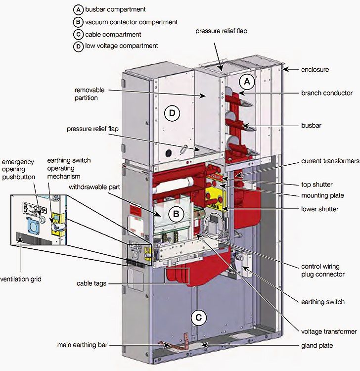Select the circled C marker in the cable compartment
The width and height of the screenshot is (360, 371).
(198, 318)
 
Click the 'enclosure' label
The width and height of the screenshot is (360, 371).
(315, 69)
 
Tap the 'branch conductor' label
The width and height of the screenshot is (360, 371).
(326, 93)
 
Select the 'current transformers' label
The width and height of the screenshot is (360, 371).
(330, 162)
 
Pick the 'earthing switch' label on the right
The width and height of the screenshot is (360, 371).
(323, 301)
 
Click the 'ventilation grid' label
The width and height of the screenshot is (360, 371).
(21, 279)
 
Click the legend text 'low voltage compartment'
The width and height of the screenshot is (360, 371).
(122, 46)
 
